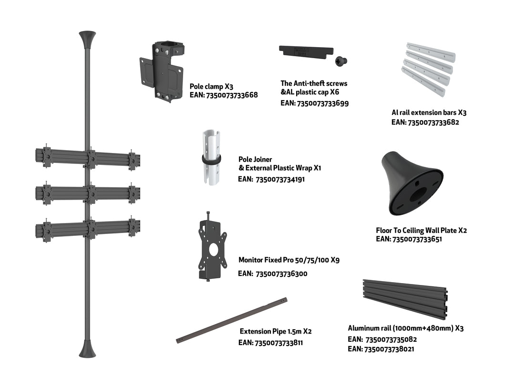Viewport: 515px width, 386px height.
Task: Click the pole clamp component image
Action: point(162,71)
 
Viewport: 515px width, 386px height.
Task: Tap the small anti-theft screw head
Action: point(341,61)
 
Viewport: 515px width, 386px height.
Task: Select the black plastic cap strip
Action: point(306,52)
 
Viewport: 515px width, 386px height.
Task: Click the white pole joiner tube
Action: point(211,157)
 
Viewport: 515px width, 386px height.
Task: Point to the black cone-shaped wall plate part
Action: point(412,183)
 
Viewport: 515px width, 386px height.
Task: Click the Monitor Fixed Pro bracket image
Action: point(213,246)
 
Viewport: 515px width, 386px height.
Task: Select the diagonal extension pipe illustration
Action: point(232,320)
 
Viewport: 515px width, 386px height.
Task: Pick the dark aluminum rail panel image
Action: point(405,299)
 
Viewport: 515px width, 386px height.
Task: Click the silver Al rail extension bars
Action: point(428,69)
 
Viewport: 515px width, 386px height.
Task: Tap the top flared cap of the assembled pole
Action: point(87,40)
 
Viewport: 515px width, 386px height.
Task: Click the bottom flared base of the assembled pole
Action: point(87,348)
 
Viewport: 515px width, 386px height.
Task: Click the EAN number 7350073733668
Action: point(232,95)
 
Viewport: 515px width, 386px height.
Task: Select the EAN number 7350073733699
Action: point(322,103)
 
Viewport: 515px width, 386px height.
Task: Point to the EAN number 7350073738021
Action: point(389,349)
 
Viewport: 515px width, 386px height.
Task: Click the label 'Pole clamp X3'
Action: point(211,86)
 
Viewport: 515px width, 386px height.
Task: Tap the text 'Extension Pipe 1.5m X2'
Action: point(276,331)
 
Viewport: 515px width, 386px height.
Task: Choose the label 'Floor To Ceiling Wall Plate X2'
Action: point(422,231)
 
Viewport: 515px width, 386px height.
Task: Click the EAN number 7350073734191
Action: point(280,179)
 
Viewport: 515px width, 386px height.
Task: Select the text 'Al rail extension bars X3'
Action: point(429,112)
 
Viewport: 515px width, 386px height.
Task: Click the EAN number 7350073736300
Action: point(281,274)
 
